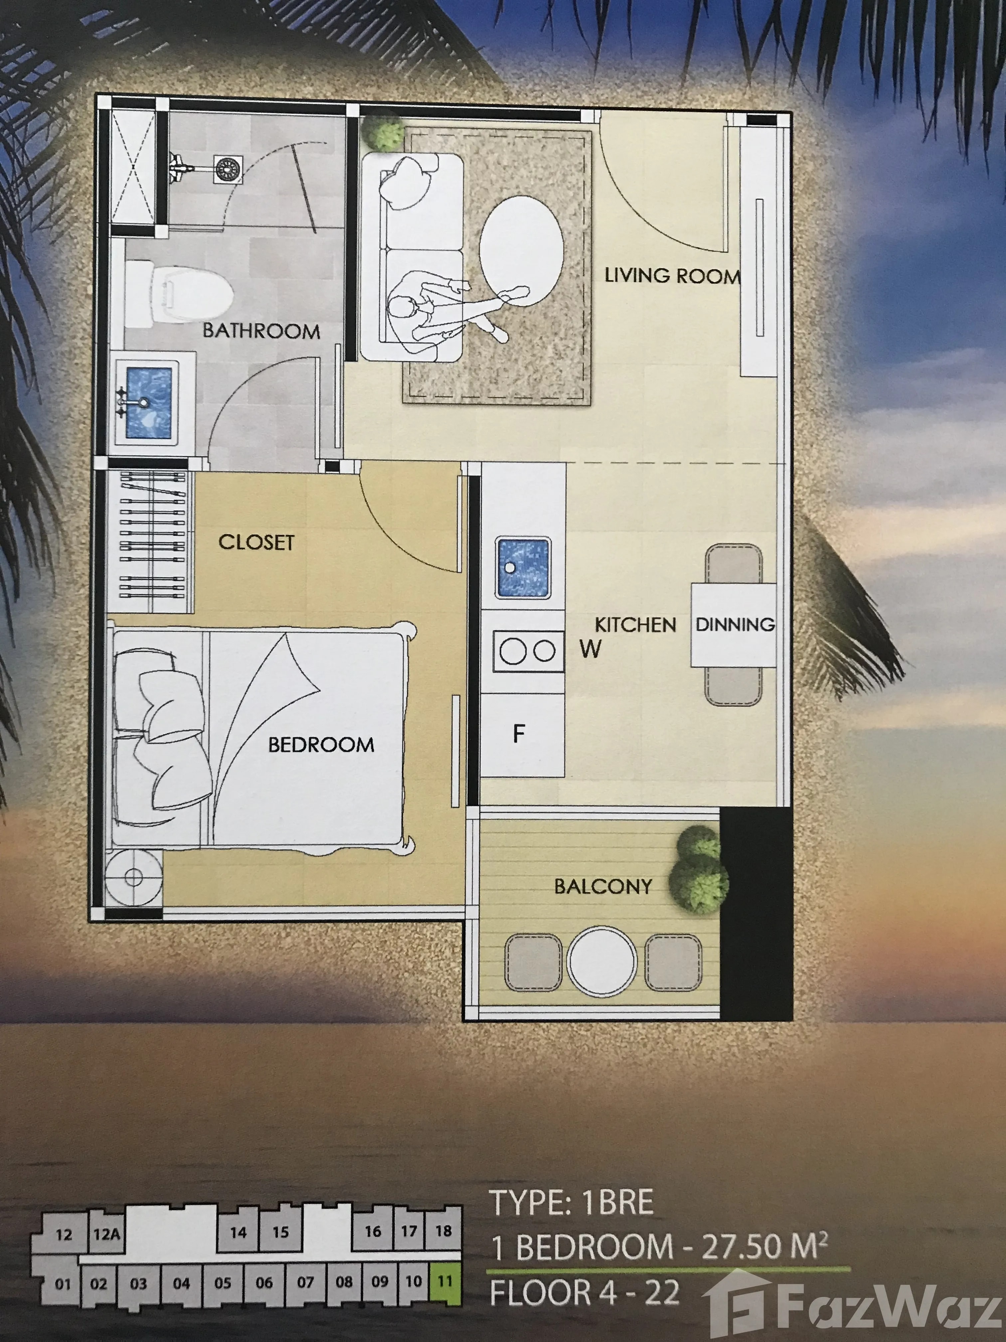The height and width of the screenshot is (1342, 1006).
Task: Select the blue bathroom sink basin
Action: click(x=149, y=402)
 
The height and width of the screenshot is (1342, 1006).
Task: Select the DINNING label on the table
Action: click(x=734, y=624)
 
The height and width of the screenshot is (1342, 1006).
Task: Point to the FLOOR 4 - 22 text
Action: click(x=584, y=1292)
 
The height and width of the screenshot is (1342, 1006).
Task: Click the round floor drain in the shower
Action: click(x=228, y=169)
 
